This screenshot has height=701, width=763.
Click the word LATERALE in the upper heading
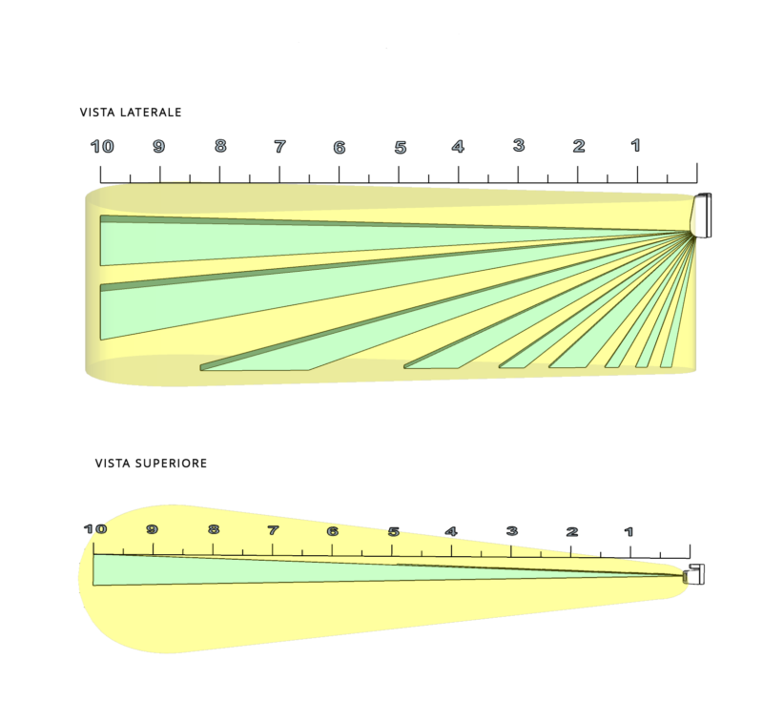coord(151,113)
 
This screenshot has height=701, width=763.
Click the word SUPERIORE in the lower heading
coord(171,464)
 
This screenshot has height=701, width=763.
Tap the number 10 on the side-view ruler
coord(102,147)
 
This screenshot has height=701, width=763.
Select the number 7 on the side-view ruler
coord(279,147)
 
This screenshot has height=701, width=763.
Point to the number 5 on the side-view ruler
coord(401,148)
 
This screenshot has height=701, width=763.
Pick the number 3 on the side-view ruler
coord(519,145)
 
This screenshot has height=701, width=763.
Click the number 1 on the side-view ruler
coord(635,145)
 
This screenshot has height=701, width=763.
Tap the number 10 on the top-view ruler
coord(94,528)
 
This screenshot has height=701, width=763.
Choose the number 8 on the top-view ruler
coord(213,529)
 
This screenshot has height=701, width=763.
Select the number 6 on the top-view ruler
coord(332,530)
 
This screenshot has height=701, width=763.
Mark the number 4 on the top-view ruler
coord(451,531)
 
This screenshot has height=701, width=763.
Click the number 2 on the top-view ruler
coord(571,531)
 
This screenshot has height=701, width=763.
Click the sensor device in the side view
coord(702,215)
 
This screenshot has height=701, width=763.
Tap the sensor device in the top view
coord(694,574)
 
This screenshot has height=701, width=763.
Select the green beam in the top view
coord(389,569)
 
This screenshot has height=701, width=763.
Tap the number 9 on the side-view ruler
coord(158,147)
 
